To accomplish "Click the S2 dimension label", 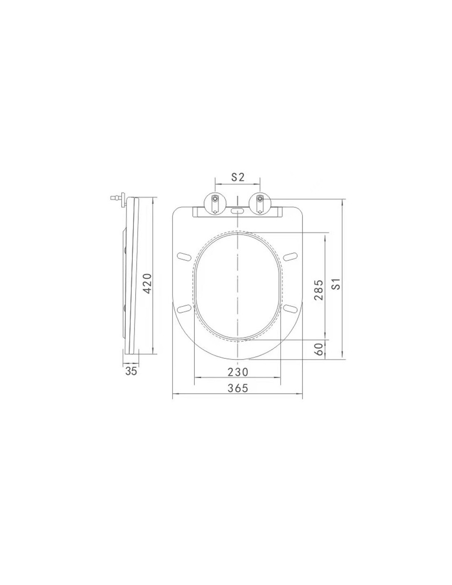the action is coord(238,177).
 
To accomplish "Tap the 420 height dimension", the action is coord(147,283).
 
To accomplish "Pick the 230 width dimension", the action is coord(238,372).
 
